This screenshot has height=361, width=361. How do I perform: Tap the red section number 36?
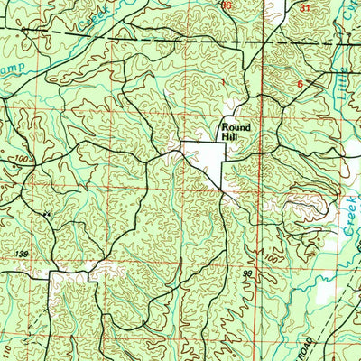coord(227,5)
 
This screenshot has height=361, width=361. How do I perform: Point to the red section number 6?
coord(300,84)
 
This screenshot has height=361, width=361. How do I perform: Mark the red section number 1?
coord(221,83)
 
